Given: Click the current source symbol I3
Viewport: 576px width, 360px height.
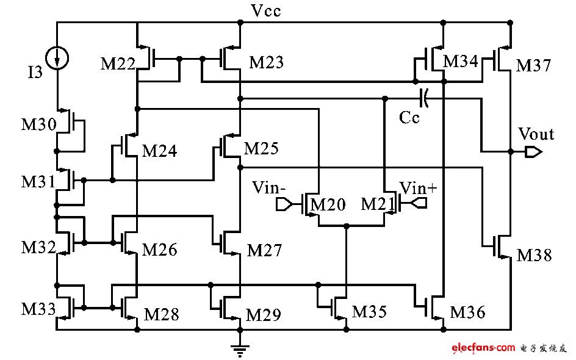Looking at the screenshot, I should (x=57, y=58).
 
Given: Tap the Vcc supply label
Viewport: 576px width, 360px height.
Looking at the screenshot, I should (x=267, y=10).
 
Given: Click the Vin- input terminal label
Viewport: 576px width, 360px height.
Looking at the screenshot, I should (x=268, y=187).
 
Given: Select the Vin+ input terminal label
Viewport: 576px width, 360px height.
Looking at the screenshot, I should (x=419, y=187).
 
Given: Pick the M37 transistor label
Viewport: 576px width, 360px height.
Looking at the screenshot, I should (x=533, y=65).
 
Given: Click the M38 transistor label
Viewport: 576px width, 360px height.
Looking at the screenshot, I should (x=534, y=255).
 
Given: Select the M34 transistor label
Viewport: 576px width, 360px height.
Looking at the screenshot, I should (x=461, y=61).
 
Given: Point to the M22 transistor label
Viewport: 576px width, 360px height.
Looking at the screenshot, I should (x=118, y=63).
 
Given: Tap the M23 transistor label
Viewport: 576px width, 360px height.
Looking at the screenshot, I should (x=266, y=62).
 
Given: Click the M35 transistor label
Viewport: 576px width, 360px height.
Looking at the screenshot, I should (x=370, y=312).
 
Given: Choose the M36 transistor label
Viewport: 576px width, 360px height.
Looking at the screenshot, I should (x=468, y=312).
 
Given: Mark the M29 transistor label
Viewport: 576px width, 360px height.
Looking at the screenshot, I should (x=264, y=315).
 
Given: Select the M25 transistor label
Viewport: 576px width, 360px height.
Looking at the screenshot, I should (x=261, y=148).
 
